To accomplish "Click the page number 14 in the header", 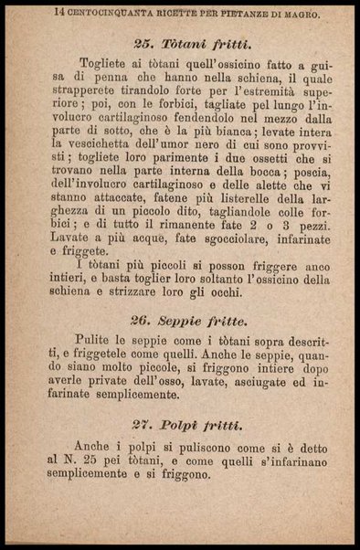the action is (x=58, y=13).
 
